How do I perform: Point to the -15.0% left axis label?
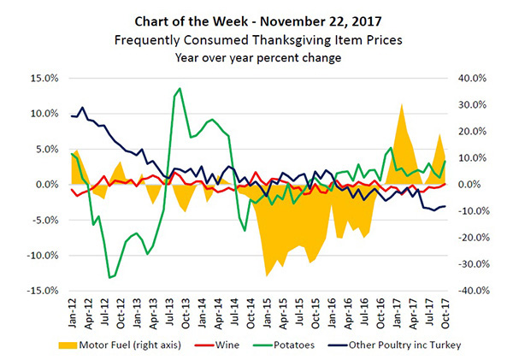click(x=38, y=291)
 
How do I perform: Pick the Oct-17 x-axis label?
click(x=445, y=311)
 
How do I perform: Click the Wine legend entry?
click(x=230, y=346)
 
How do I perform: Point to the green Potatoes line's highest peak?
click(x=179, y=88)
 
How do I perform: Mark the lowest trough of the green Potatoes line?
click(x=109, y=278)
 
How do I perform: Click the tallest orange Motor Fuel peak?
click(x=402, y=104)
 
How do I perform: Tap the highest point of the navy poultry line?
click(x=82, y=108)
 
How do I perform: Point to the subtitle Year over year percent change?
click(x=256, y=57)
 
